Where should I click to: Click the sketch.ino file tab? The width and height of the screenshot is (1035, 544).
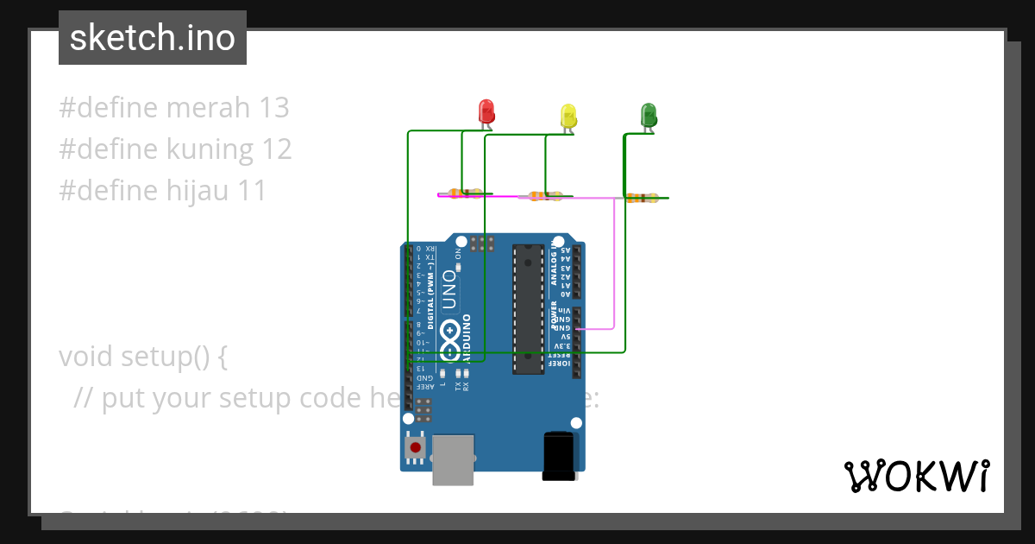153,38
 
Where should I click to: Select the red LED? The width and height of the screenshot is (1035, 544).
486,111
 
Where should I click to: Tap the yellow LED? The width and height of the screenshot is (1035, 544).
568,116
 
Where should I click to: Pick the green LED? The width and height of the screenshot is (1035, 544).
649,115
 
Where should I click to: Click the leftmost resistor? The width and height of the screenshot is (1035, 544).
465,193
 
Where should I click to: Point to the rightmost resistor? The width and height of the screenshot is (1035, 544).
641,198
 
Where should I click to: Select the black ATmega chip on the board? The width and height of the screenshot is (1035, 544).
528,309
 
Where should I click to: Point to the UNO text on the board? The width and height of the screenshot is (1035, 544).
449,289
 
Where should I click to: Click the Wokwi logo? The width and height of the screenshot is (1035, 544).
916,476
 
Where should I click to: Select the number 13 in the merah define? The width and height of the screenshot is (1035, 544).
273,108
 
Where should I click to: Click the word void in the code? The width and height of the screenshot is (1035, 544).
87,356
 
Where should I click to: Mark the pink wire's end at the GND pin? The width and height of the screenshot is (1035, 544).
577,328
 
